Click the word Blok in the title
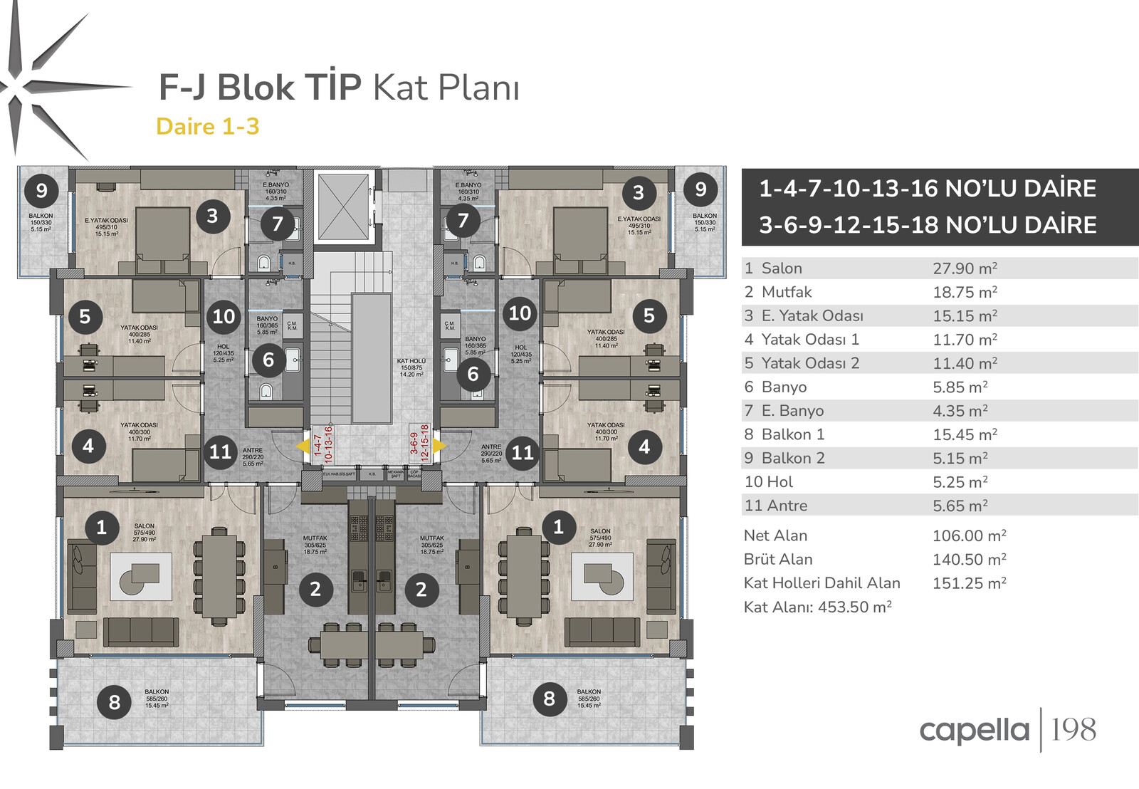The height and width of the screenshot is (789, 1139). point(256,88)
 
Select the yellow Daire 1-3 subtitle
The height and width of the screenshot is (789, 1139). point(207,127)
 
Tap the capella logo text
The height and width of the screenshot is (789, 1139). point(974,731)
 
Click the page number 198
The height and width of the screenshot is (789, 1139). point(1074,730)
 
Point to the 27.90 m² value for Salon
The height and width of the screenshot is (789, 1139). point(965,268)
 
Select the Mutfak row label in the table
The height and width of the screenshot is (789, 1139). point(786,292)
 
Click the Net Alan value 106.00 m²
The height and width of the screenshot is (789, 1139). point(969,535)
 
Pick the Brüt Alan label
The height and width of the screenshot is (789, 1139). point(777,560)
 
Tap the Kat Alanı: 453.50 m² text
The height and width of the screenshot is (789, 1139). point(817,607)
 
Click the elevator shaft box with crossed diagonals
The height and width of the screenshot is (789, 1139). point(343,207)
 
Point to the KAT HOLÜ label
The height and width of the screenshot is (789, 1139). point(411,361)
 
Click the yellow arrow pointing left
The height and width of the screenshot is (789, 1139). point(303,446)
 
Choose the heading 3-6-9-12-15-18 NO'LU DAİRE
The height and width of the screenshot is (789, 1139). point(928,225)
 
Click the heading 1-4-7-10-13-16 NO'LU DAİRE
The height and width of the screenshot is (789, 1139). point(927,189)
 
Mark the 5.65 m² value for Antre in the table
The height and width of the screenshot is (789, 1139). point(960,506)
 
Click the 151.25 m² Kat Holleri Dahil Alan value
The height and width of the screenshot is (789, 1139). point(969,583)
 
